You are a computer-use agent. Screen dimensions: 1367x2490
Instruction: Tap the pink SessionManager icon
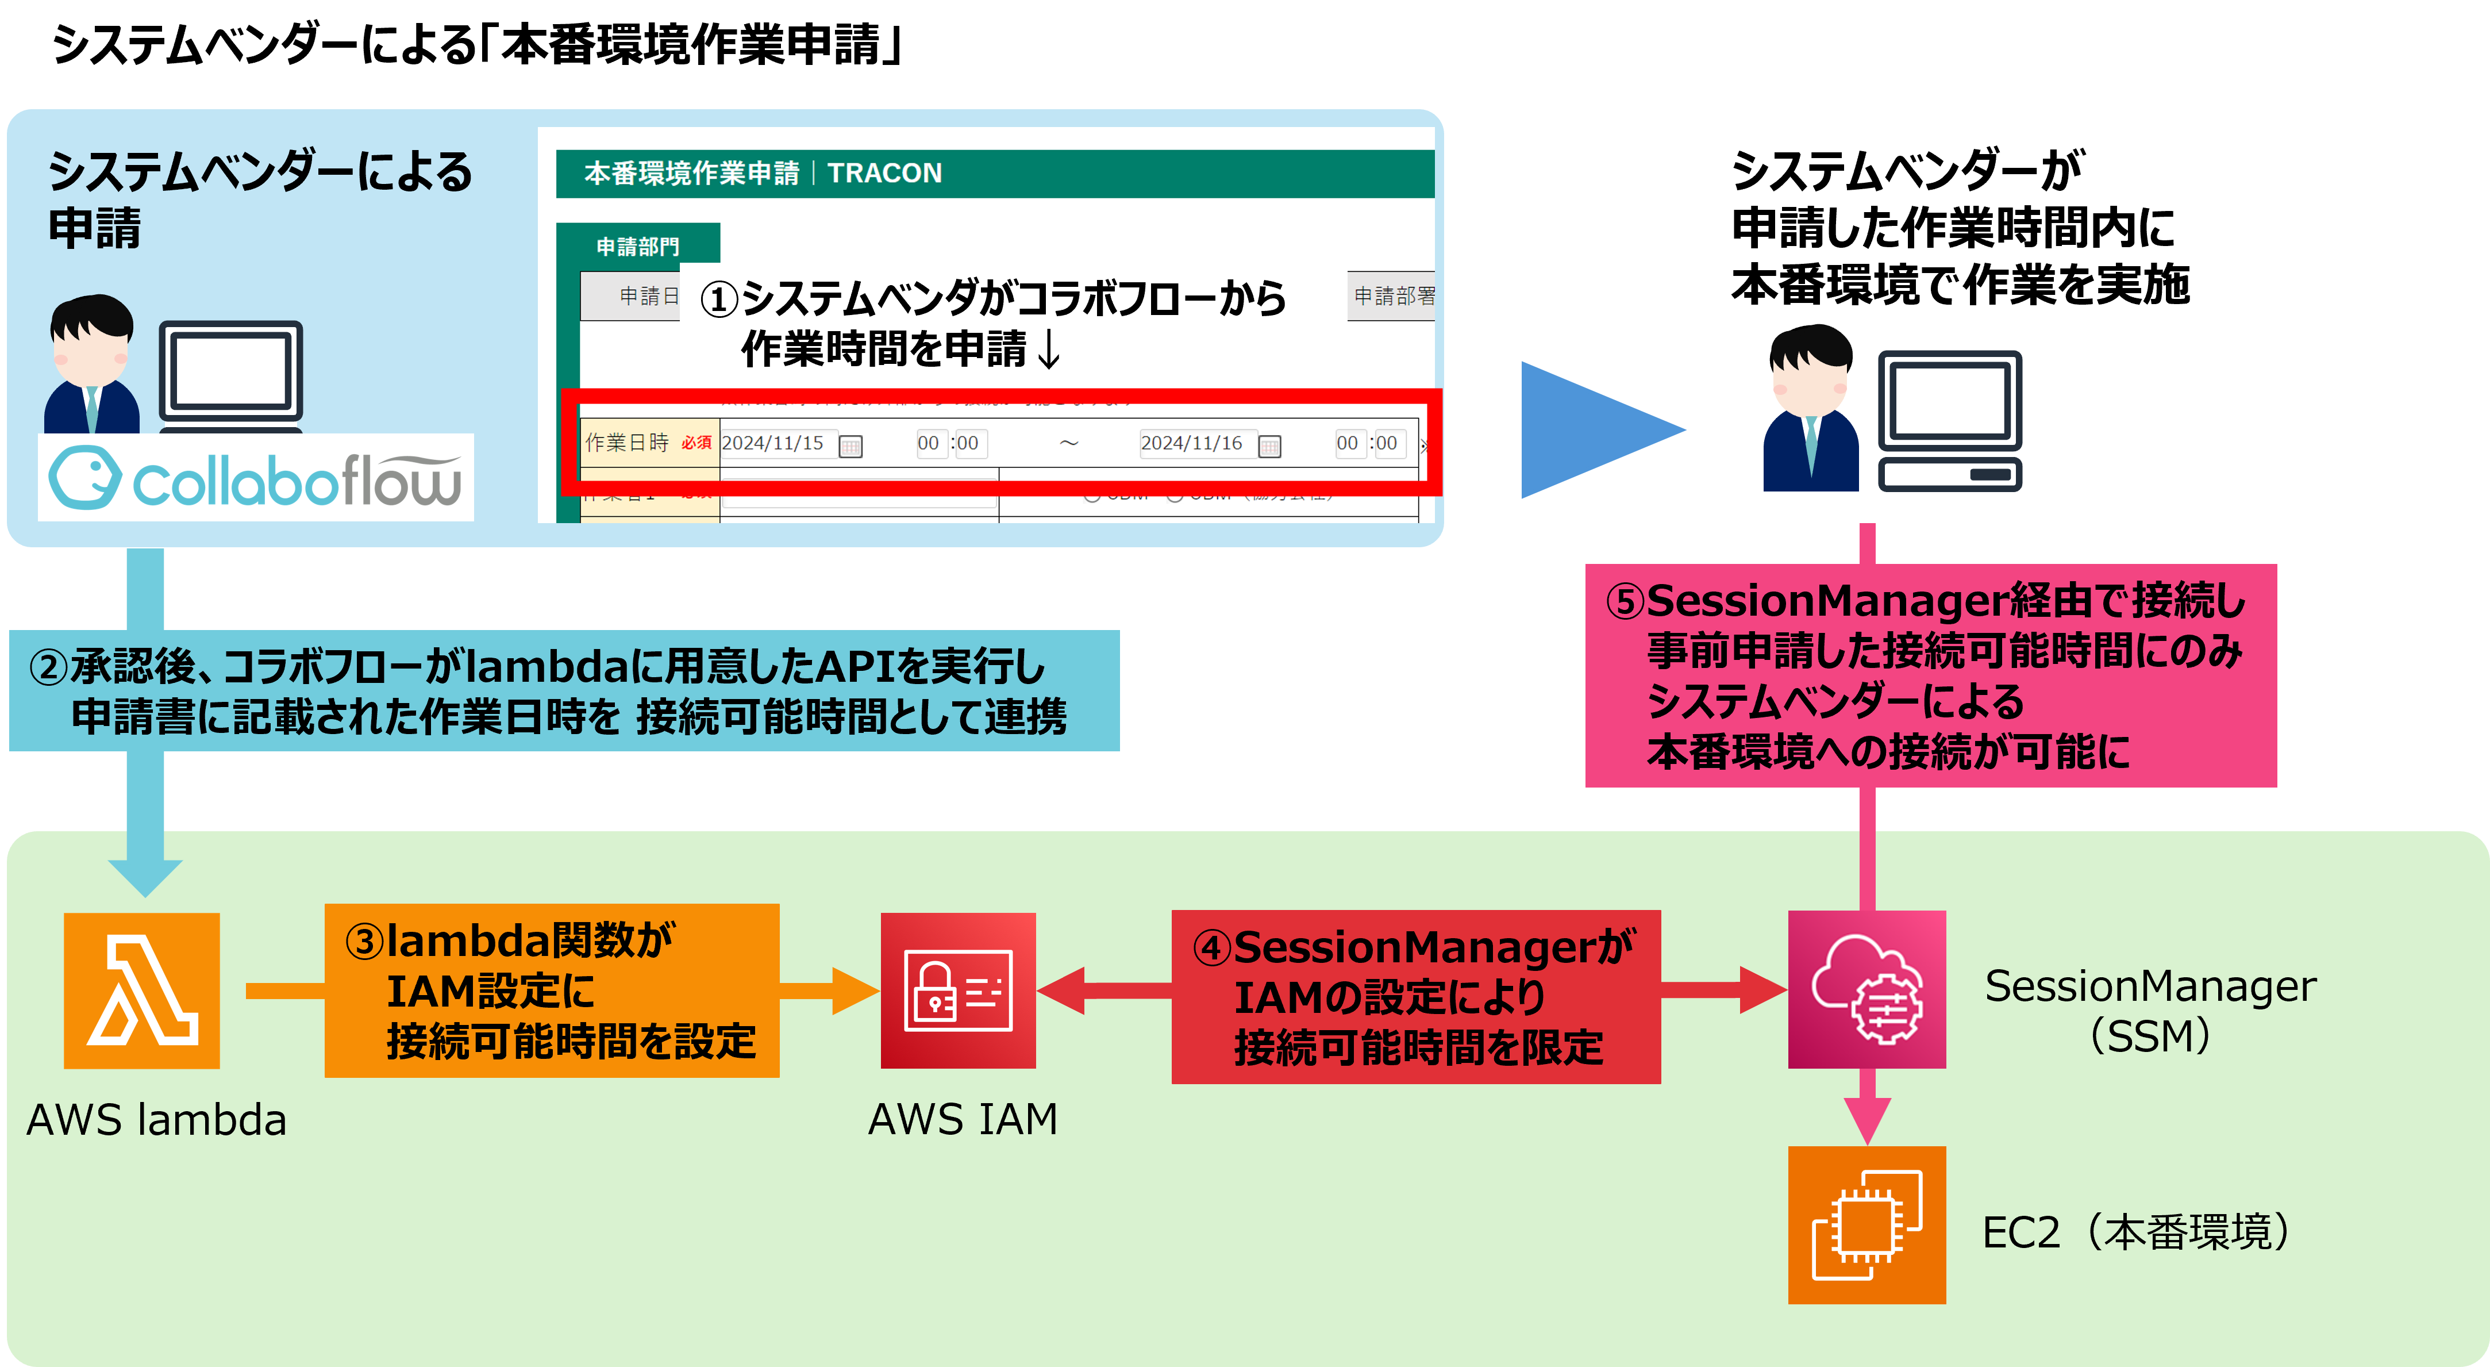[x=1866, y=989]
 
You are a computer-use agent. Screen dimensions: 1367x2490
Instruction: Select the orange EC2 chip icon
[x=1866, y=1225]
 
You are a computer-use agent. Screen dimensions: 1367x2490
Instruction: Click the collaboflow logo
[x=255, y=478]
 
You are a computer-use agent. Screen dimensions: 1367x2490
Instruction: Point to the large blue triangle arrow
[x=1595, y=430]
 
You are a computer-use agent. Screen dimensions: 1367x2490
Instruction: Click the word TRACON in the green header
[x=884, y=173]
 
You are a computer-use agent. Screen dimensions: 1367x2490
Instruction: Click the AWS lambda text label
[x=156, y=1119]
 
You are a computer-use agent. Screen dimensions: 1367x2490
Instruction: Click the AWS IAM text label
[x=963, y=1119]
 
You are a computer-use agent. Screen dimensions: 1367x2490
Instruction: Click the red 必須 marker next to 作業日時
[x=696, y=443]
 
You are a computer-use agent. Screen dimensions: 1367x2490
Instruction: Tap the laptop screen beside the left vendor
[x=230, y=370]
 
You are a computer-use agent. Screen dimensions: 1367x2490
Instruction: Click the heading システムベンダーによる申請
[x=259, y=198]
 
